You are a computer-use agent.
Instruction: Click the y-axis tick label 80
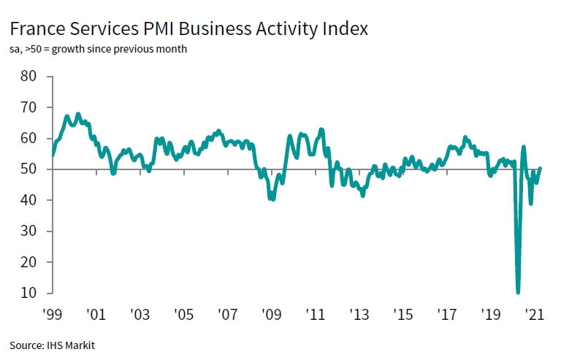(28, 76)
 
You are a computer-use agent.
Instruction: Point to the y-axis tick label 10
(28, 293)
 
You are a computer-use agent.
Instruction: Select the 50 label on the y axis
(28, 169)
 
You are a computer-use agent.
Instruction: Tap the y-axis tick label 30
(28, 231)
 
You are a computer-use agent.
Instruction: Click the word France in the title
(37, 30)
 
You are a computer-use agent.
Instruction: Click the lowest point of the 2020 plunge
(518, 292)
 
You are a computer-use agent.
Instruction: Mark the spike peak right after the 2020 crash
(523, 148)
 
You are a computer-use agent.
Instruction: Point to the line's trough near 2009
(272, 199)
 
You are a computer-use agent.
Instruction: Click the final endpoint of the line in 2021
(541, 168)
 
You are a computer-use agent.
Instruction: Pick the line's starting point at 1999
(52, 155)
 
